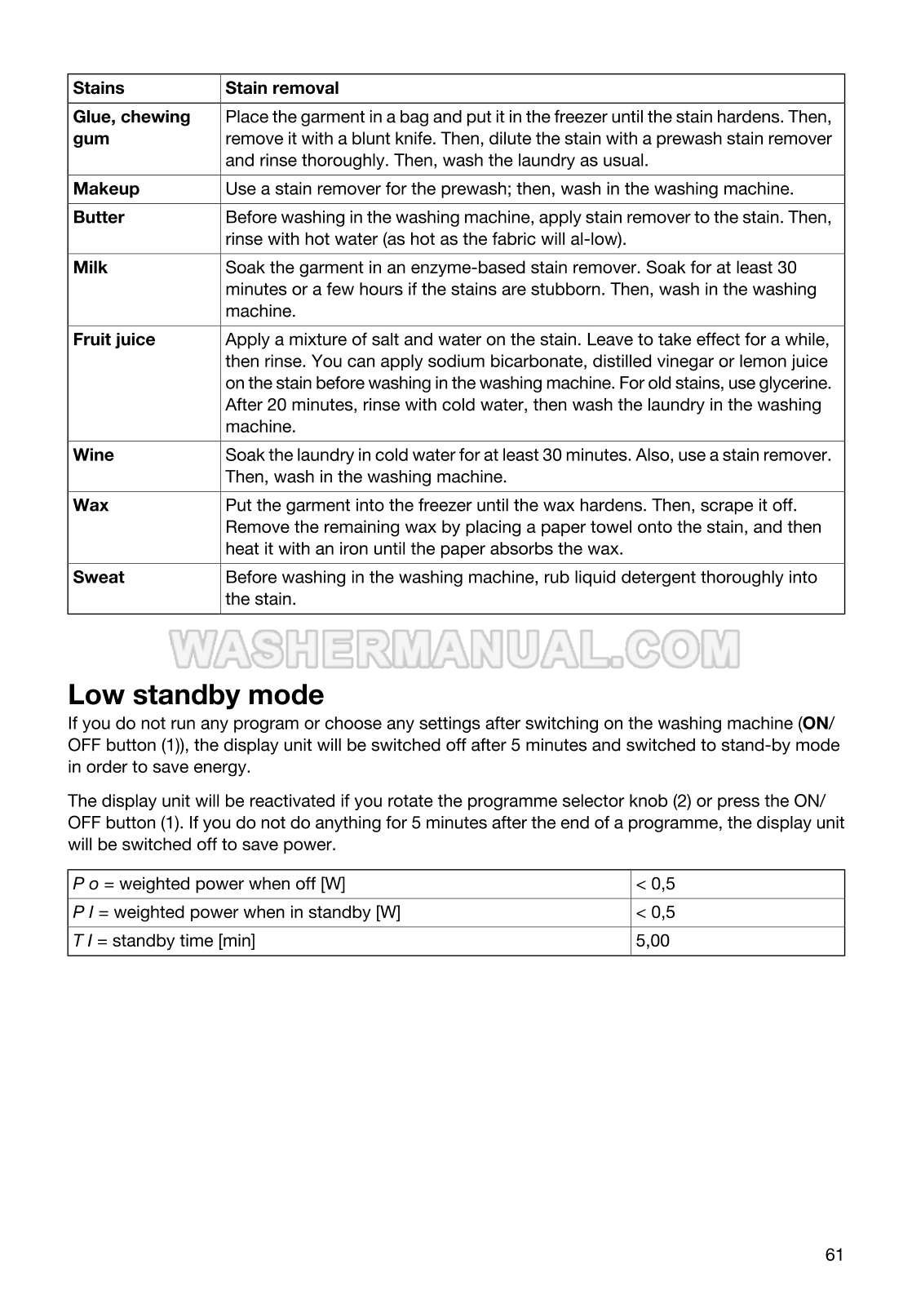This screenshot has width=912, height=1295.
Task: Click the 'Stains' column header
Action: click(x=99, y=88)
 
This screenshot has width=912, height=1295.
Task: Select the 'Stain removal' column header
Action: click(x=281, y=88)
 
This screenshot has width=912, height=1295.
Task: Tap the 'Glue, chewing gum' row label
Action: click(x=131, y=127)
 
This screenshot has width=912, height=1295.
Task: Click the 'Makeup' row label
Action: click(x=106, y=189)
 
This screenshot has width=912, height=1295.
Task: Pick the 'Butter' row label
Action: click(x=99, y=218)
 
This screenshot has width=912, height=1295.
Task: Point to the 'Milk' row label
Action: click(x=91, y=268)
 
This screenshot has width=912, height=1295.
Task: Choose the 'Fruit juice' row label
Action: click(x=114, y=340)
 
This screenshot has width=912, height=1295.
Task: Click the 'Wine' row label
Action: click(x=94, y=455)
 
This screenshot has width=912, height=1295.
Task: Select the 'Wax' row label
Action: click(x=91, y=506)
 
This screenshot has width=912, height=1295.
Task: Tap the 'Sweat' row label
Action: click(x=99, y=578)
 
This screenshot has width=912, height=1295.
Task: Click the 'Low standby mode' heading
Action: click(x=196, y=695)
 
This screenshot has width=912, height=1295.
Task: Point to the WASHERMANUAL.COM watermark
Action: click(x=455, y=649)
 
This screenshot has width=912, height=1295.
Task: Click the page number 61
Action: click(x=834, y=1255)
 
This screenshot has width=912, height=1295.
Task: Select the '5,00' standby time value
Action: click(x=653, y=941)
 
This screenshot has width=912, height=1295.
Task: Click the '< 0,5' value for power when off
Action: click(x=656, y=885)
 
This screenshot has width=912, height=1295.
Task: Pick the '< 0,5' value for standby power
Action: click(x=656, y=912)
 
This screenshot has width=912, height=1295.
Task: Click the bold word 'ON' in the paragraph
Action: click(x=816, y=724)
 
